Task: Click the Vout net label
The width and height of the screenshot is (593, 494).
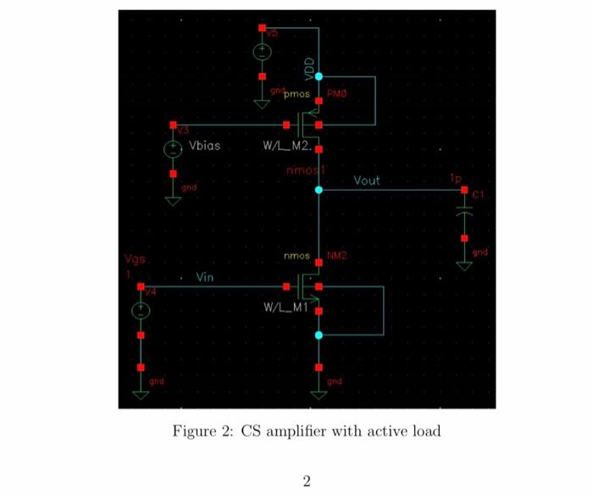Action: click(367, 180)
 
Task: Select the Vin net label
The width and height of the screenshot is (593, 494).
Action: click(204, 277)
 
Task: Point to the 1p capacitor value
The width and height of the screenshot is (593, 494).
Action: click(456, 180)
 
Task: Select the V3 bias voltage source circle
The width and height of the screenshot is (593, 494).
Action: click(173, 149)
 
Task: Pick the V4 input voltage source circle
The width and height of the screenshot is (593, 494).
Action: click(141, 311)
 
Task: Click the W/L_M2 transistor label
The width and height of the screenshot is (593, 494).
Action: click(289, 145)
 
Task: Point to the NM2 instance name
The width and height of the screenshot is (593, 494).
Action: click(337, 255)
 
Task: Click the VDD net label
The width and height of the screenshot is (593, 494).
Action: click(309, 67)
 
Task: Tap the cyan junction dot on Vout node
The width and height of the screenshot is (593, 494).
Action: click(319, 190)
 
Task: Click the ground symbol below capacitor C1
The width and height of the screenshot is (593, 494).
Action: click(463, 264)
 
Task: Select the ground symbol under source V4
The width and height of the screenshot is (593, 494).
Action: click(141, 393)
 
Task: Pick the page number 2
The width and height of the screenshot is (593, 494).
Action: click(307, 480)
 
